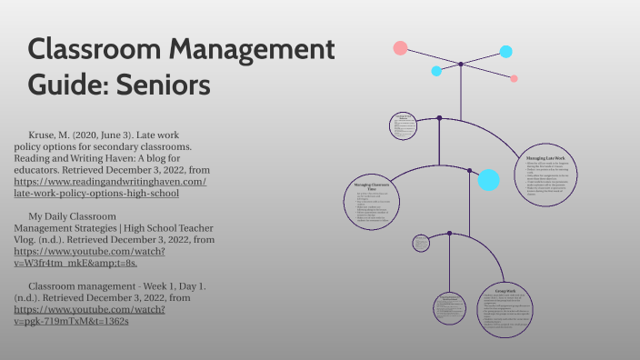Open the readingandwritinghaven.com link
click(x=109, y=186)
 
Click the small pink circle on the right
click(x=515, y=79)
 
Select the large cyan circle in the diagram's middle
click(x=488, y=180)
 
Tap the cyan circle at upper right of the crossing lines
click(x=505, y=52)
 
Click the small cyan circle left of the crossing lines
click(x=436, y=70)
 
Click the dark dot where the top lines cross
click(x=461, y=64)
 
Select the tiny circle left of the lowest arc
click(x=420, y=242)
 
